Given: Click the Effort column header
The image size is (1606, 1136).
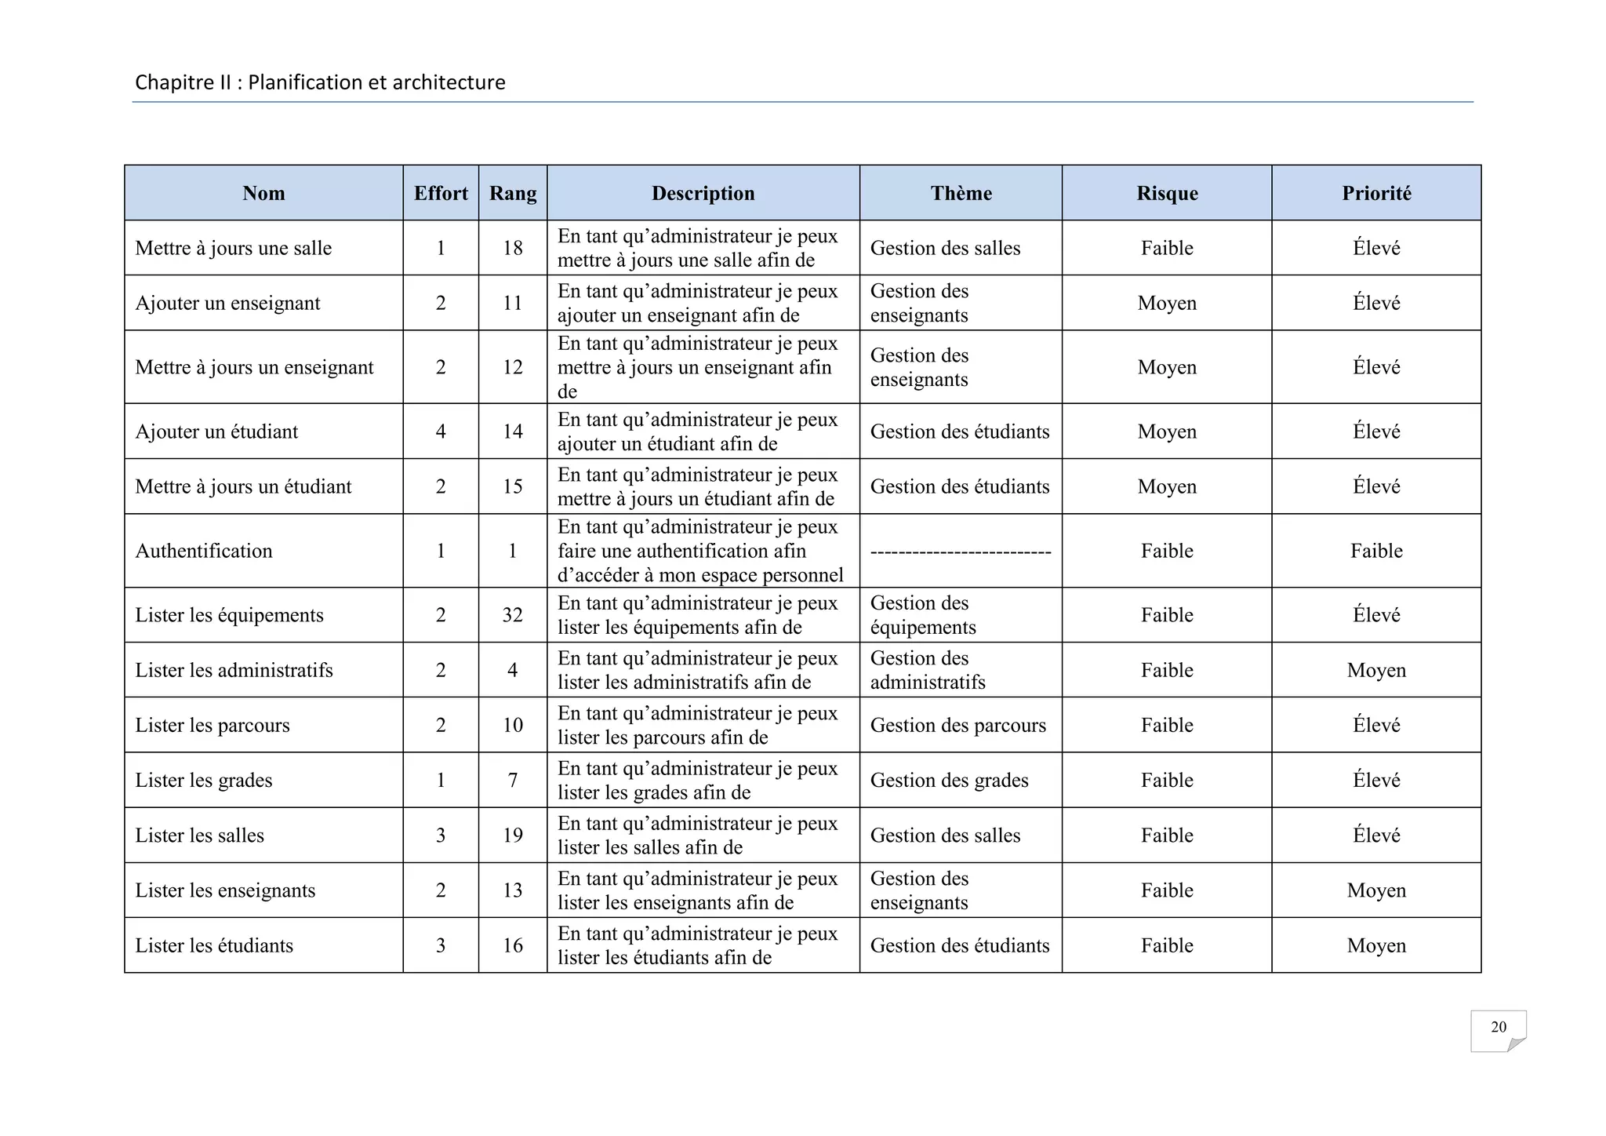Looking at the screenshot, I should pos(441,193).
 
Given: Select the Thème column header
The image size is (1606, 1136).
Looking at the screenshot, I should pos(961,193).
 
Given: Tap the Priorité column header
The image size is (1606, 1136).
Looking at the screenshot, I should pos(1376,193).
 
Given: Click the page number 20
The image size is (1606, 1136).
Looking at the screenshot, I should pos(1498,1027).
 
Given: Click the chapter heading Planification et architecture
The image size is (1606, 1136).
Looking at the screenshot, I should pos(320,82).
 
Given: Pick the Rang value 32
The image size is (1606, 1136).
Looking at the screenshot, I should pos(512,615).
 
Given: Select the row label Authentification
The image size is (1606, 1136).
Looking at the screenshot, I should pos(204,551).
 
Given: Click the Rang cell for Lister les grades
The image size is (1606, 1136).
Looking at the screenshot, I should pos(512,780).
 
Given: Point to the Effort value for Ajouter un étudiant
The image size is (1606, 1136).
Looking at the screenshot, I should pos(441,431).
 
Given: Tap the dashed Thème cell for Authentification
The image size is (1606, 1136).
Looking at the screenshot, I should pos(961,552).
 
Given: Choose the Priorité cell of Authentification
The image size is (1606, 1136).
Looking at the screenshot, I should pos(1376,551).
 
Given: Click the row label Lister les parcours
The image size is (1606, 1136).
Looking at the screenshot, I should pos(213,725).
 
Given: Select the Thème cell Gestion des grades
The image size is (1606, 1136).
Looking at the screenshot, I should pos(949,780).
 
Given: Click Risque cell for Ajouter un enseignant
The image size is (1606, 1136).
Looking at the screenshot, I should pos(1167,303).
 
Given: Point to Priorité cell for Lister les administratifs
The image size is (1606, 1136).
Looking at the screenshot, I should pos(1376,670).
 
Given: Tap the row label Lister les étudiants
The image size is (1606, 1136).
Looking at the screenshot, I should pos(214,945).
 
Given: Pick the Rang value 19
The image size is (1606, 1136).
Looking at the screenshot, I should pos(512,835).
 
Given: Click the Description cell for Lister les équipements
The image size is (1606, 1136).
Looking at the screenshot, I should pos(698,615).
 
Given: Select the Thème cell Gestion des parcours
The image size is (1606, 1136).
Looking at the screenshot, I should pos(957,725).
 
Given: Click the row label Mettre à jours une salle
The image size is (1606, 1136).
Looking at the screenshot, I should pos(234,248).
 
